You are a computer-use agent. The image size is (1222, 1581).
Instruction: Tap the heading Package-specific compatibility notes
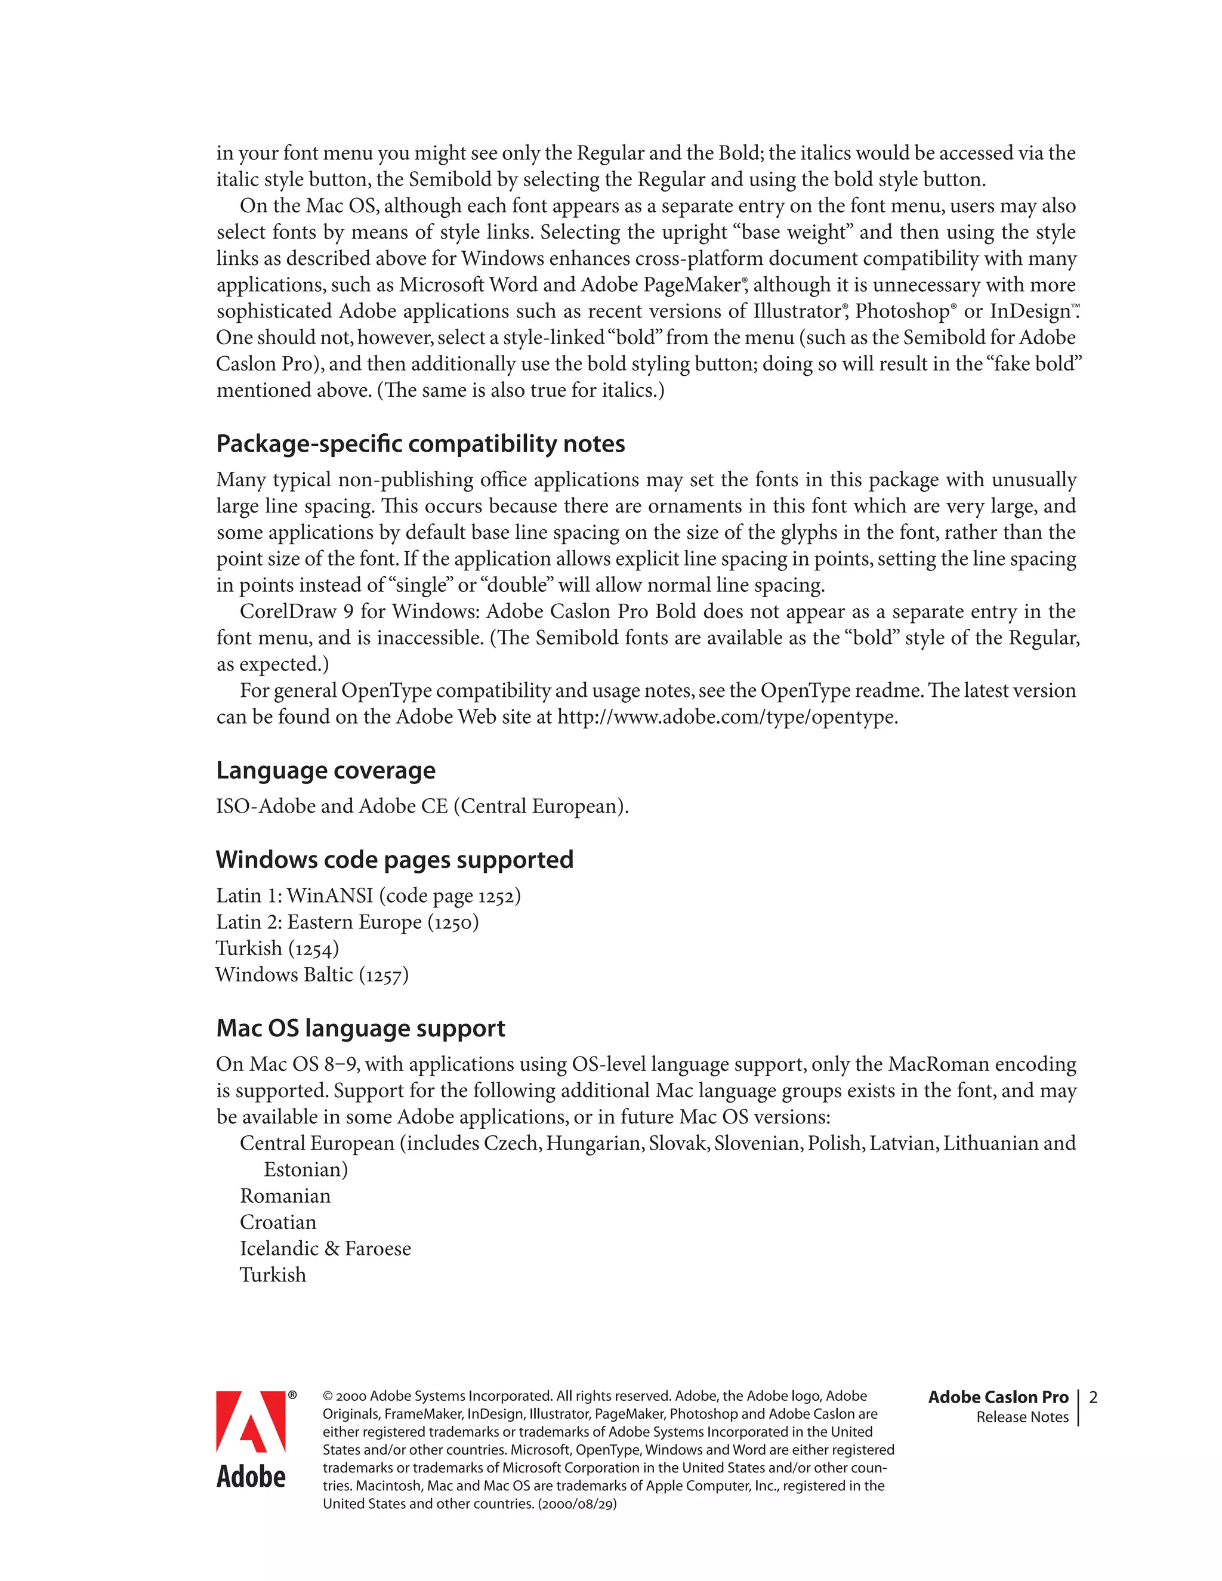420,443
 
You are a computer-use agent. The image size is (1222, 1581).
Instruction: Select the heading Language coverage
326,770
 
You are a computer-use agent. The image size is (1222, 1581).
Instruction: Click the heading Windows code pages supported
394,859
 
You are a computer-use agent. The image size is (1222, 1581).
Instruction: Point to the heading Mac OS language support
360,1028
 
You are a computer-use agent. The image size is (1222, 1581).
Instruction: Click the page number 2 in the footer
1093,1397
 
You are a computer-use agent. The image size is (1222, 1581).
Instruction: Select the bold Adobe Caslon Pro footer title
998,1397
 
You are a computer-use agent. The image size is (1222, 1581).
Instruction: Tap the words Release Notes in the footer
1022,1418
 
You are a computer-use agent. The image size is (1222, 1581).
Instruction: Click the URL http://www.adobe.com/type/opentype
727,717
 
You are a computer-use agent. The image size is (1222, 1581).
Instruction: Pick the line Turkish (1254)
277,949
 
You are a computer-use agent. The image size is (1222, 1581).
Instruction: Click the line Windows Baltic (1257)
312,975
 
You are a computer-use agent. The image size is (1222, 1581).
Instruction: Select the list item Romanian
285,1196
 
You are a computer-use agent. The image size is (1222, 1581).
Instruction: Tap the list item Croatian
278,1222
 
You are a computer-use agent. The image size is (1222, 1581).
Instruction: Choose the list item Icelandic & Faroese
325,1249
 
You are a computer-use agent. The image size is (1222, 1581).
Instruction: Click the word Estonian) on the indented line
305,1170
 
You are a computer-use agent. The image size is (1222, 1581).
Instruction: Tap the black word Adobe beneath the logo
251,1477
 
